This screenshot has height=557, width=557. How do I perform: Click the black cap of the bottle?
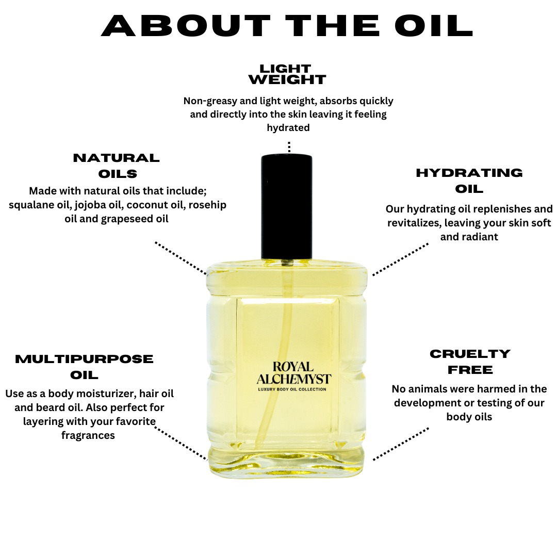click(x=287, y=207)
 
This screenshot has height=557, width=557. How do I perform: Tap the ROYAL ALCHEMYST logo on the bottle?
click(x=294, y=373)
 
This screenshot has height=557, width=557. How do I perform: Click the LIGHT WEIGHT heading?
click(x=287, y=74)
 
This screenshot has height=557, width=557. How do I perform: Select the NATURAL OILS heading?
click(x=117, y=166)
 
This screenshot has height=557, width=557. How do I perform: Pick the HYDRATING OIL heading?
click(x=469, y=181)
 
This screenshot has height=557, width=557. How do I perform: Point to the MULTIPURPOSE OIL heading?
click(x=84, y=367)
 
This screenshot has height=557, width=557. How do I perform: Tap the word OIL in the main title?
click(x=434, y=26)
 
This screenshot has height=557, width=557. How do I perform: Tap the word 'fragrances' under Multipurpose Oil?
click(x=88, y=435)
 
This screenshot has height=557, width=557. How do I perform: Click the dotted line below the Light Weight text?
click(x=289, y=147)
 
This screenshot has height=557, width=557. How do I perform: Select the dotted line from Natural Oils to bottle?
click(x=181, y=258)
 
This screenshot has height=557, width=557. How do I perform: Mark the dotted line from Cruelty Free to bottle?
click(x=401, y=444)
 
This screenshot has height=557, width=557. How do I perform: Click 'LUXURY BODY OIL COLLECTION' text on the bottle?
click(x=292, y=389)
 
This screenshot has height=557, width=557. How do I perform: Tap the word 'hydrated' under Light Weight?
click(x=288, y=128)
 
